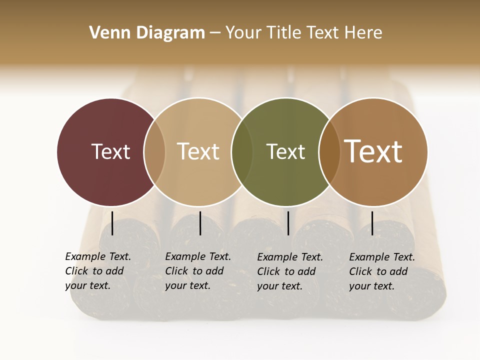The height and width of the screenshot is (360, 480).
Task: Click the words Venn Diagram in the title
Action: (x=147, y=33)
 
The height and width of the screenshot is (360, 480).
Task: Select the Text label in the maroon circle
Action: (x=110, y=151)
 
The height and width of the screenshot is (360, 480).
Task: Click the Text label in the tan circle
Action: (x=198, y=151)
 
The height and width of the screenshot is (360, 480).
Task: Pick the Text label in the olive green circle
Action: (x=285, y=151)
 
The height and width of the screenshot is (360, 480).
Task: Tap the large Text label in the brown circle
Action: (x=373, y=151)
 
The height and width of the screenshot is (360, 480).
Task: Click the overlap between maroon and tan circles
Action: (x=154, y=151)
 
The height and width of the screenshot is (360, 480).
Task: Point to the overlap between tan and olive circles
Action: (x=242, y=151)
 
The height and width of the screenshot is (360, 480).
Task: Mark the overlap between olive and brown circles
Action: (x=329, y=151)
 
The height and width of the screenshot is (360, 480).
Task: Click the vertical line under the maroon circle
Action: (x=112, y=223)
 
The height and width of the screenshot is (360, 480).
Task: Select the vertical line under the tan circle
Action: (x=200, y=223)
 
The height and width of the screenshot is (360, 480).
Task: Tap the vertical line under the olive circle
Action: (x=288, y=223)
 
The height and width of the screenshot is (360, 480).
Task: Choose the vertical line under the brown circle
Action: (x=372, y=223)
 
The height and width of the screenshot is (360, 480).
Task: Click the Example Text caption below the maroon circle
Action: (x=97, y=271)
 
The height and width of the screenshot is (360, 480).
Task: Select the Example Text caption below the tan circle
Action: (x=197, y=271)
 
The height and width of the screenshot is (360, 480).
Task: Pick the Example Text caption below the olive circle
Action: (x=289, y=271)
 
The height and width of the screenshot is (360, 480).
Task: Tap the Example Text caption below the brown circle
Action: (x=381, y=271)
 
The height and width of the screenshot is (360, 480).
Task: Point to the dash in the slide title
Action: (x=215, y=33)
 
